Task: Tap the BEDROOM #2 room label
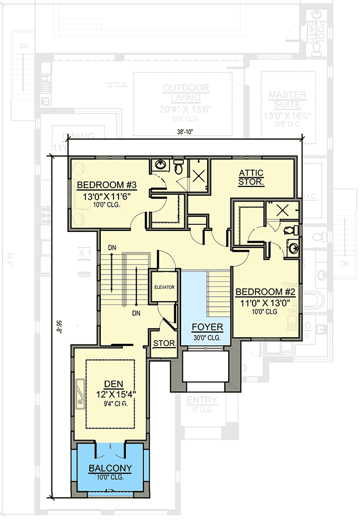tap(265, 292)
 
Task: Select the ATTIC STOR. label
tap(251, 177)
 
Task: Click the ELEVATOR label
tap(164, 287)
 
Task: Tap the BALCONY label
tap(111, 468)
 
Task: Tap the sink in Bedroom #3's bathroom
tap(160, 166)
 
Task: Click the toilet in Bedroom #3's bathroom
tap(178, 166)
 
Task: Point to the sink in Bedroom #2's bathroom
tap(292, 247)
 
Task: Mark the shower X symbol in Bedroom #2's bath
tap(282, 210)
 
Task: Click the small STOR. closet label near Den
tap(164, 343)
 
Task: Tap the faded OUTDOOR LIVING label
tap(186, 93)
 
